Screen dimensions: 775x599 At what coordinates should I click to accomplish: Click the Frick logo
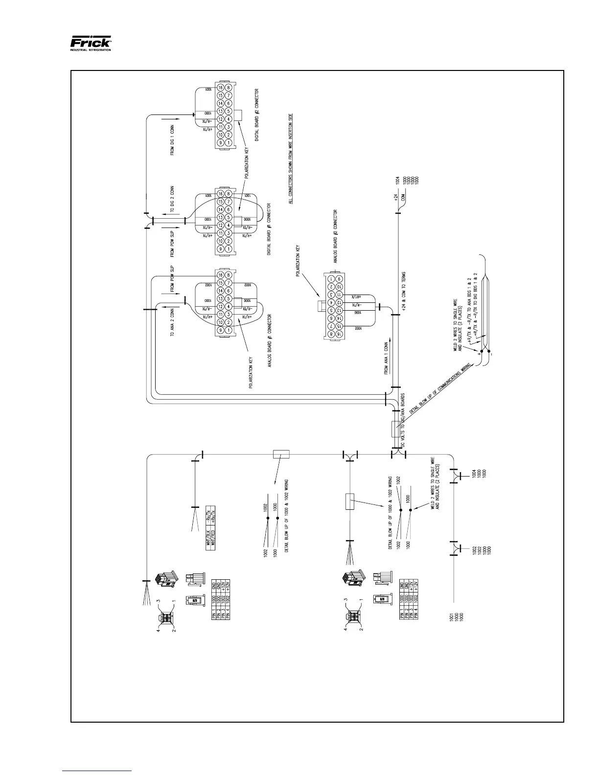91,43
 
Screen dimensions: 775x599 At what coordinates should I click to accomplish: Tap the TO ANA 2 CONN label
172,322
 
